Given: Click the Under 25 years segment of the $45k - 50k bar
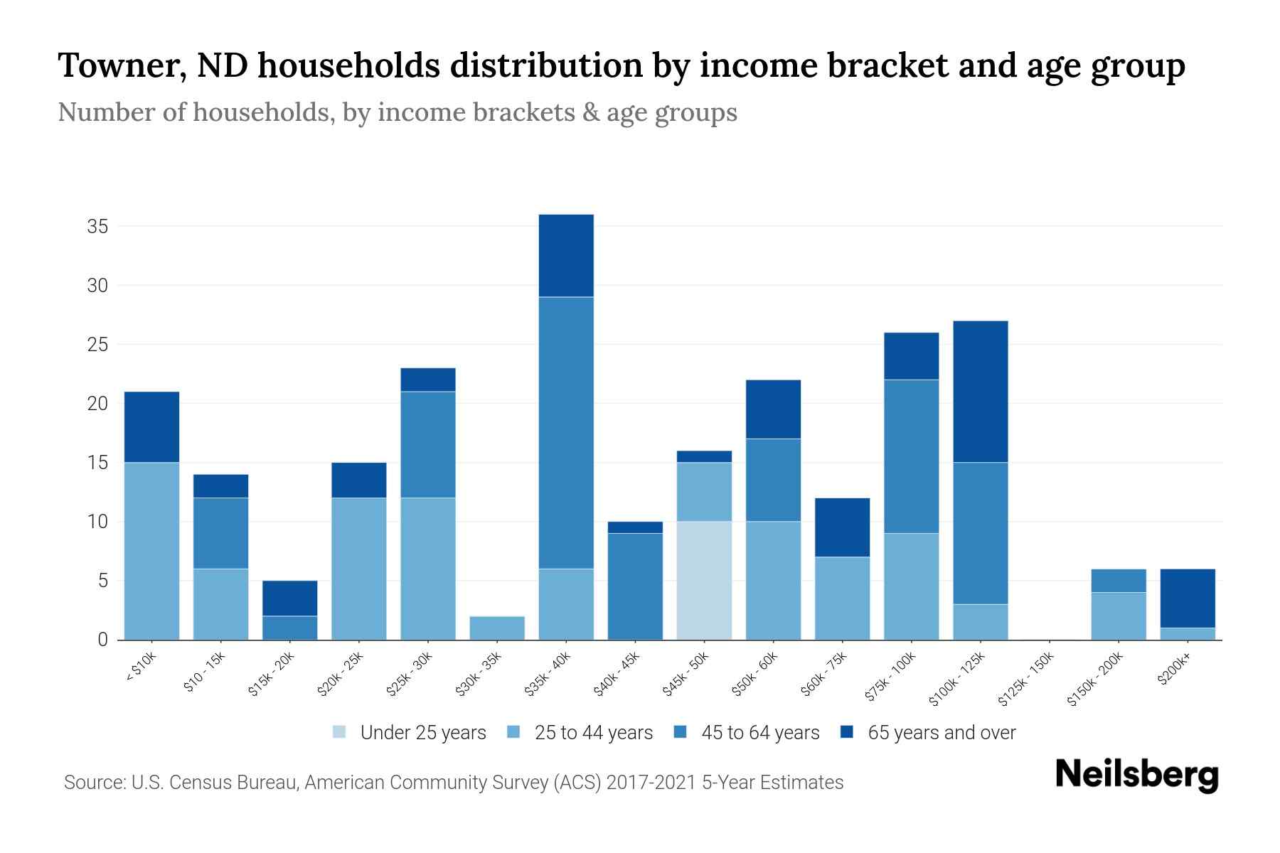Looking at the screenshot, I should point(704,581).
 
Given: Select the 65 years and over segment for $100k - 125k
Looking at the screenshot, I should point(981,392).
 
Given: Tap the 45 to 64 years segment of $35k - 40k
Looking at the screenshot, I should point(566,433).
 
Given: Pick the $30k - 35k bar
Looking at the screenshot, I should point(497,628).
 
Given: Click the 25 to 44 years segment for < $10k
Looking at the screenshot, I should point(151,551).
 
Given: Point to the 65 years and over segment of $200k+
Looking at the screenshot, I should point(1188,599).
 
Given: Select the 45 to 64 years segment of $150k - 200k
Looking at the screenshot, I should point(1119,581).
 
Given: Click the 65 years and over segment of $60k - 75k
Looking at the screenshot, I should point(842,527).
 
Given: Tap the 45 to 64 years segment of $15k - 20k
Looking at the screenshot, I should point(289,628).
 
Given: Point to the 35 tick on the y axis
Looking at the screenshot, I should point(97,227).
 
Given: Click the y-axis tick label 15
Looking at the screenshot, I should point(97,463).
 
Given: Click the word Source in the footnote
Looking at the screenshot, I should point(92,783).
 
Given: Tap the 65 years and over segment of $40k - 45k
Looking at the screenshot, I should point(635,527).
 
